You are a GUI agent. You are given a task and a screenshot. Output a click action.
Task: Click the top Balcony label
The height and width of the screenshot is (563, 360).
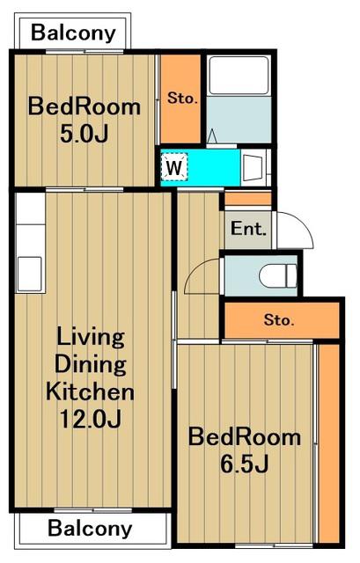pyautogui.click(x=73, y=33)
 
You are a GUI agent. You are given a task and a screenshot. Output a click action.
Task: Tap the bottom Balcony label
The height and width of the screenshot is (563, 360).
pyautogui.click(x=90, y=529)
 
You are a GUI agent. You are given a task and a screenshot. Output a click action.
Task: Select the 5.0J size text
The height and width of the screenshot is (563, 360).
pyautogui.click(x=84, y=135)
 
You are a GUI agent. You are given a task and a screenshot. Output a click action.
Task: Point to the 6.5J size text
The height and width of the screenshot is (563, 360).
pyautogui.click(x=245, y=464)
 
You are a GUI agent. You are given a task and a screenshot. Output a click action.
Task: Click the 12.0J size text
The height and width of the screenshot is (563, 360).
pyautogui.click(x=90, y=419)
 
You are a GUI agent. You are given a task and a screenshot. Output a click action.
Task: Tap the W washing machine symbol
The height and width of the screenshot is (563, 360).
pyautogui.click(x=174, y=166)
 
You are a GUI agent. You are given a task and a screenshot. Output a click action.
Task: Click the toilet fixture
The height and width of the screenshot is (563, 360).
pyautogui.click(x=278, y=275)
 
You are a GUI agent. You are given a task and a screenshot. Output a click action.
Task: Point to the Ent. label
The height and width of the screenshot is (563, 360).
pyautogui.click(x=248, y=229)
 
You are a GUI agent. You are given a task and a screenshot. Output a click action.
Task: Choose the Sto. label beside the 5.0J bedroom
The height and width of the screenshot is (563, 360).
pyautogui.click(x=182, y=98)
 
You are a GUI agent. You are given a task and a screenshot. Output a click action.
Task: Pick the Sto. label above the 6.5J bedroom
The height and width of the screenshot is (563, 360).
pyautogui.click(x=279, y=319)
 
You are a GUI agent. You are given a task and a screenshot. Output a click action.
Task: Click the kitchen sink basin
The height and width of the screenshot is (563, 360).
pyautogui.click(x=30, y=274)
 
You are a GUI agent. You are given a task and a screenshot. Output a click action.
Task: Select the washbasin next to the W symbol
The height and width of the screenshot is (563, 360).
pyautogui.click(x=254, y=168)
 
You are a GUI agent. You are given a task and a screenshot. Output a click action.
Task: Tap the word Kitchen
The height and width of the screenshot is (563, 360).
pyautogui.click(x=90, y=391)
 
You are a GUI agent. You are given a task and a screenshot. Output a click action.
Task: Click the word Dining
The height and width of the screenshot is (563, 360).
pyautogui.click(x=90, y=364)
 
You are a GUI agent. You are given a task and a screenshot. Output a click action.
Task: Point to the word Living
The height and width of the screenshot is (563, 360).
pyautogui.click(x=91, y=338)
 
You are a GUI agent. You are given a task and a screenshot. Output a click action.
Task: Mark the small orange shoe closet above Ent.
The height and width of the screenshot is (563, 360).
pyautogui.click(x=248, y=199)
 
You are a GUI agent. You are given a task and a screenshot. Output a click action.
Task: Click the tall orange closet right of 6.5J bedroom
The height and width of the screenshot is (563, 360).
pyautogui.click(x=329, y=443)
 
